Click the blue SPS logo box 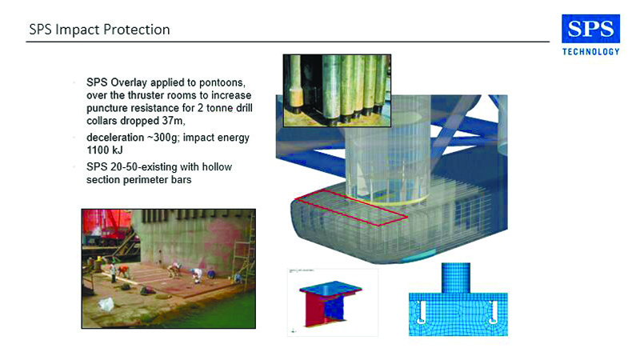590,29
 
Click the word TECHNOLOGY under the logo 590,52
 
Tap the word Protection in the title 136,30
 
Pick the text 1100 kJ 104,150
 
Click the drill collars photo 337,90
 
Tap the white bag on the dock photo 106,304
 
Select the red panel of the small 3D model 314,309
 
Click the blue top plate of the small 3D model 330,287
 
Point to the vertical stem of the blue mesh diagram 455,278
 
